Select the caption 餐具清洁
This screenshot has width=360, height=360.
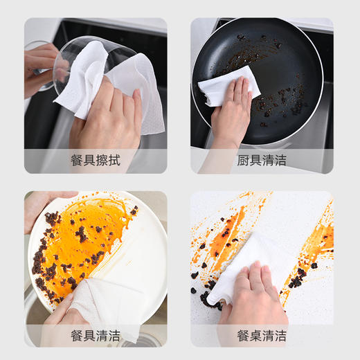pyautogui.click(x=96, y=336)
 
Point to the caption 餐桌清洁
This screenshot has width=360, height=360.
pyautogui.click(x=261, y=336)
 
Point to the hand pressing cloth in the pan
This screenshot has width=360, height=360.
pyautogui.click(x=232, y=114)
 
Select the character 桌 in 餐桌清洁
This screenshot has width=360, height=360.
pyautogui.click(x=253, y=336)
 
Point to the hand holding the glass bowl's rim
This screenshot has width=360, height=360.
pyautogui.click(x=40, y=66)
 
